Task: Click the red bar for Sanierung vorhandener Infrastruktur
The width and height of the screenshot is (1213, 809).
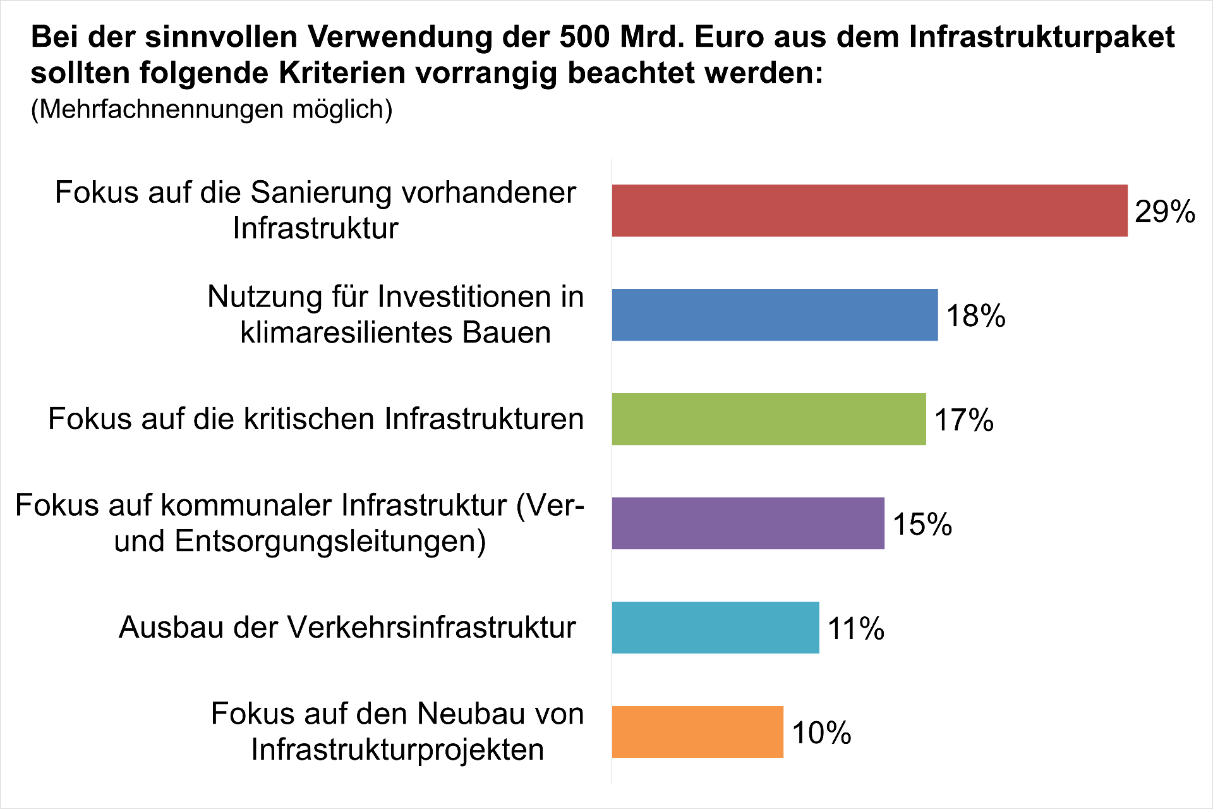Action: pos(869,210)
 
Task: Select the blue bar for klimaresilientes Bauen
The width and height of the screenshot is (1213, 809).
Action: pos(775,315)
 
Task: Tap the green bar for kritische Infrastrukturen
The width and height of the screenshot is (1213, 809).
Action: pos(769,419)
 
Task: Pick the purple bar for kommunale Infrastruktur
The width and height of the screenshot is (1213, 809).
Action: pos(748,523)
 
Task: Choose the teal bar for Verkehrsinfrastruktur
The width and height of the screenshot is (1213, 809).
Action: pos(715,628)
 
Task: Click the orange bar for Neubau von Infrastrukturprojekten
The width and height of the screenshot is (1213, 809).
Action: pos(697,732)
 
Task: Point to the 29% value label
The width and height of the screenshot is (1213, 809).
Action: pos(1164,211)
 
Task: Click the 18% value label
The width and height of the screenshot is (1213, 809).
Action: pos(975,315)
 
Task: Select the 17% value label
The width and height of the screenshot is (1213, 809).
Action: pos(963,420)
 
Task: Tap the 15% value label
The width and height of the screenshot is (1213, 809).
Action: pos(922,524)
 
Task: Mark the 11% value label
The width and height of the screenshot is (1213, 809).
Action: pos(855,628)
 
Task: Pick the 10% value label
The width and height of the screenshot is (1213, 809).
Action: pos(821,733)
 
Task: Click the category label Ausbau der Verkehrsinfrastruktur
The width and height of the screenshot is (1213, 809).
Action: pos(347,628)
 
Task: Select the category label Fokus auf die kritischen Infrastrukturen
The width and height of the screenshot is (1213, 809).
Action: pos(316,419)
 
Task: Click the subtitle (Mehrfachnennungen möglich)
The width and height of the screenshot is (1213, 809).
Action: pos(212,109)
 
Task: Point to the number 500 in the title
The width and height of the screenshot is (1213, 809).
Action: pos(585,37)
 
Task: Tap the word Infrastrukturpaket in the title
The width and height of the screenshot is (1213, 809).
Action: pos(1042,37)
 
